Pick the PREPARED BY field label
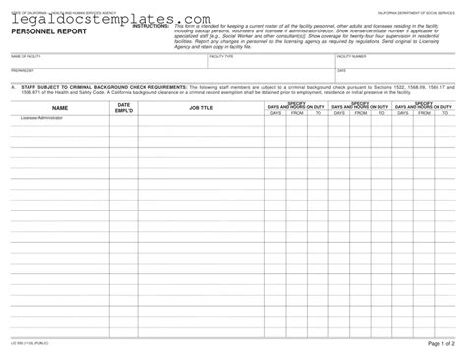click(22, 71)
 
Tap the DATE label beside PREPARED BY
click(341, 71)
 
